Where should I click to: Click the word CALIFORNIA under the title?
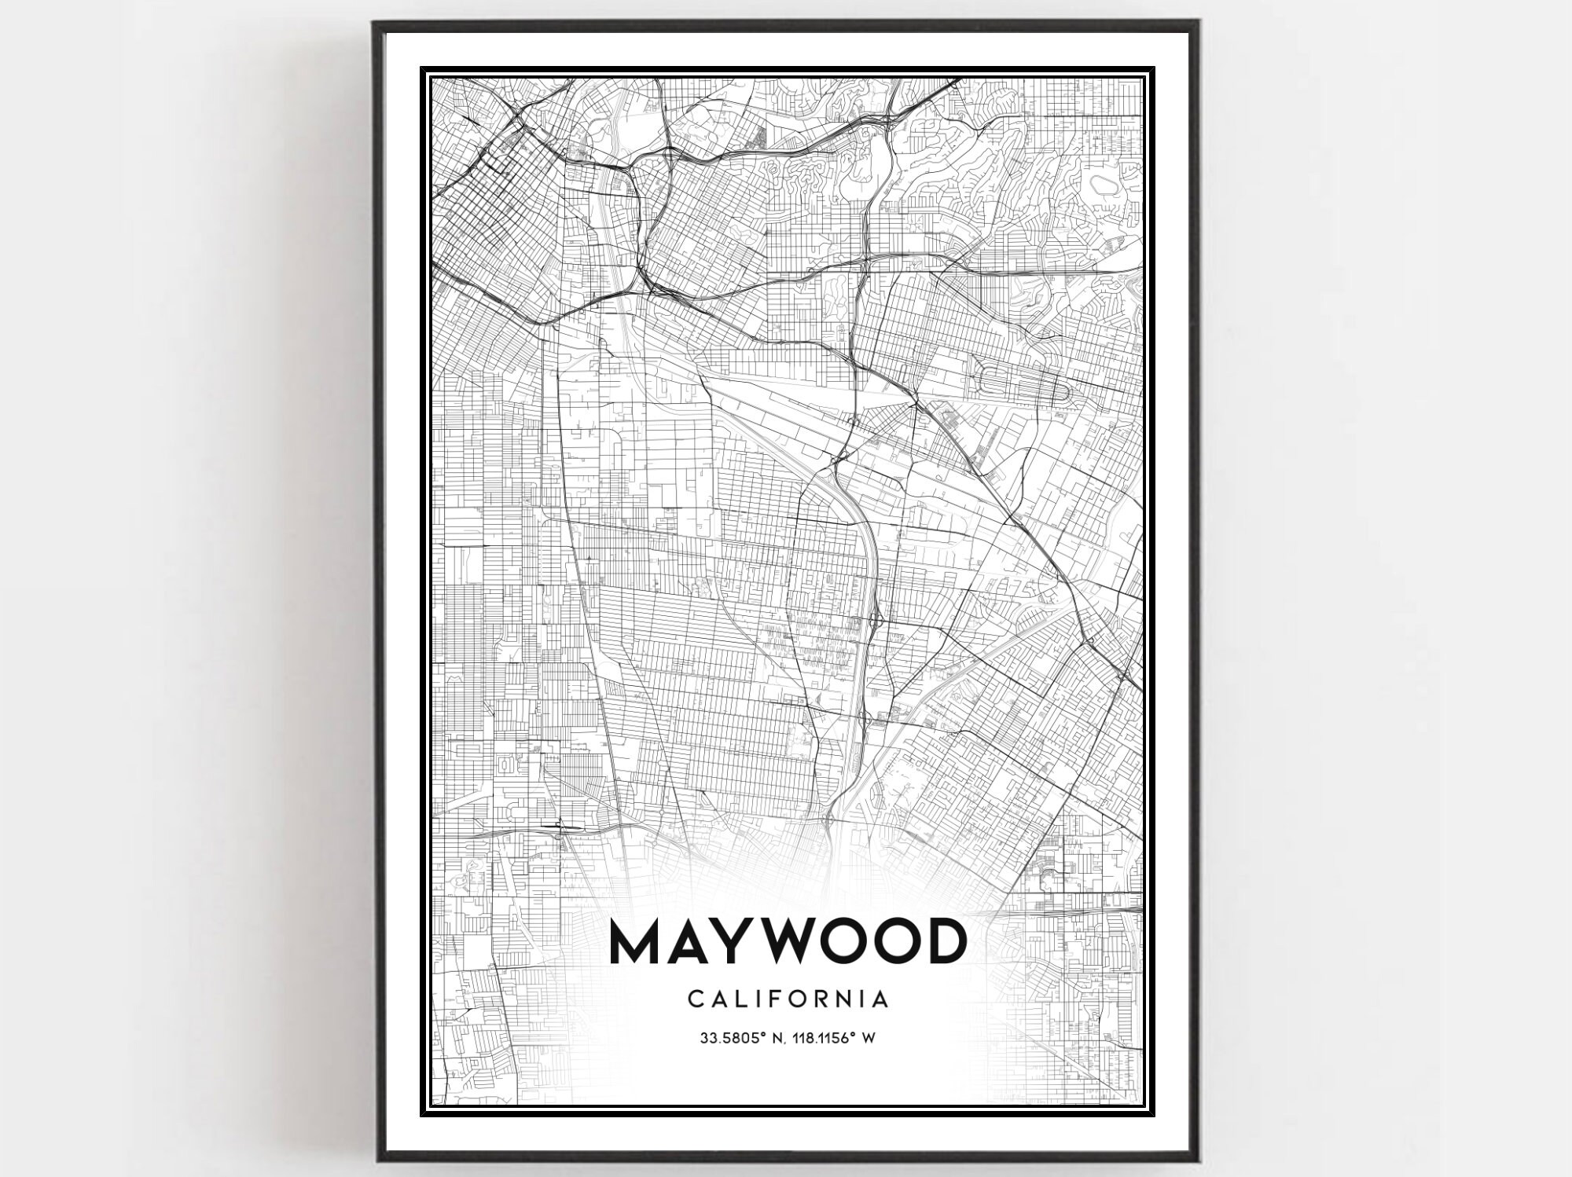pos(788,999)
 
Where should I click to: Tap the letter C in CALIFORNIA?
pos(696,999)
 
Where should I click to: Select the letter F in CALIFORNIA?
pos(775,999)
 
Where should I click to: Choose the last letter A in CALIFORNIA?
pos(881,999)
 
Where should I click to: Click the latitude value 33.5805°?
pos(733,1039)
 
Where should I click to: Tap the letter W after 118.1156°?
pos(869,1039)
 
